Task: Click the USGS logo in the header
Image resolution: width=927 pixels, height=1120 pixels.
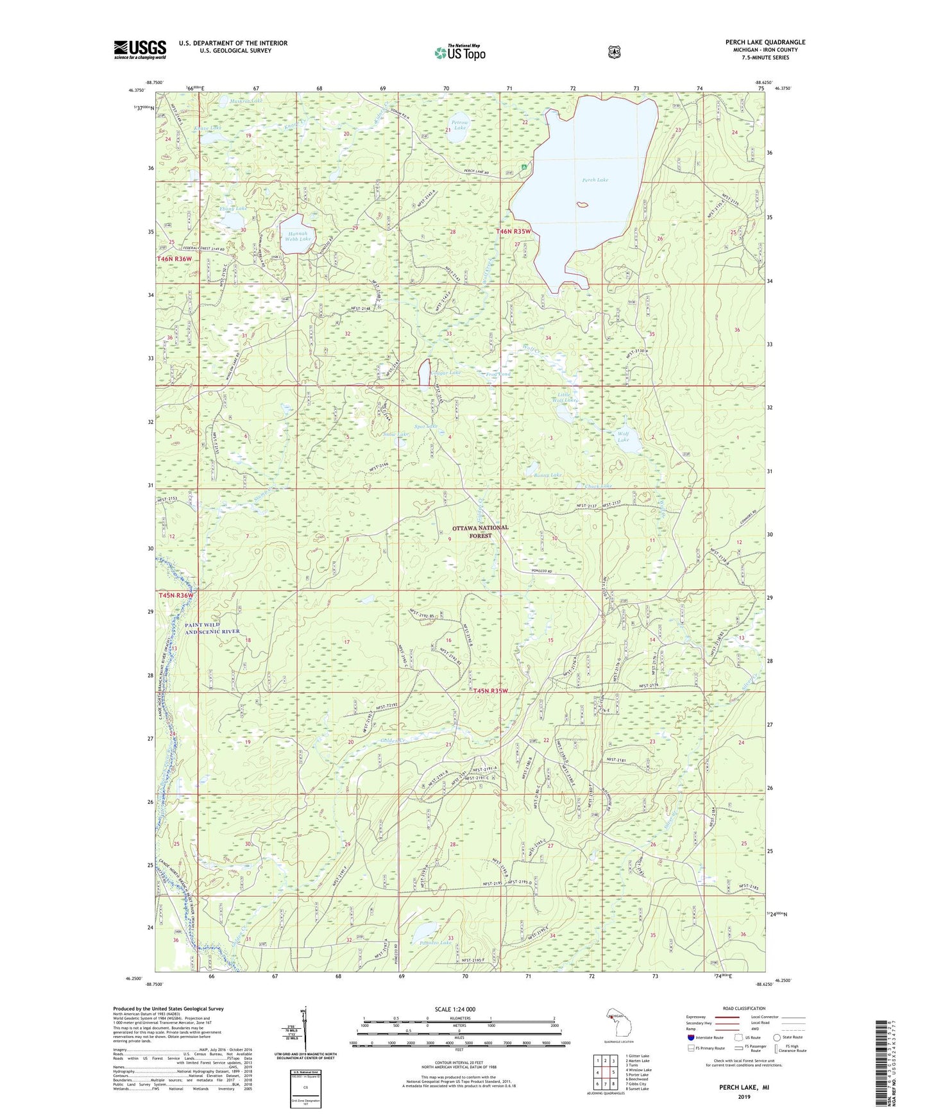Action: click(x=140, y=49)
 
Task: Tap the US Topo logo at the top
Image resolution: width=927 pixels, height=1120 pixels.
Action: click(x=459, y=53)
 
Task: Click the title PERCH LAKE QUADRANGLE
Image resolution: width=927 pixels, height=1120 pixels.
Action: click(x=761, y=42)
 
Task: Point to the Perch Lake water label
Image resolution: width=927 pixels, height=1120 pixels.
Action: click(x=595, y=180)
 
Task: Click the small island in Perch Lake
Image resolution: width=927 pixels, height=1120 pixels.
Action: click(x=583, y=205)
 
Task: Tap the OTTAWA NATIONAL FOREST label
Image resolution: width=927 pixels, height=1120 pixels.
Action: click(x=480, y=531)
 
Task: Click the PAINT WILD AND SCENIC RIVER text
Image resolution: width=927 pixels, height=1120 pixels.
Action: click(x=212, y=628)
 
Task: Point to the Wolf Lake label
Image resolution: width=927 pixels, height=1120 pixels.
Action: click(x=623, y=437)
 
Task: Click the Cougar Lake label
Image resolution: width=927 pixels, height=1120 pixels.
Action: click(x=446, y=373)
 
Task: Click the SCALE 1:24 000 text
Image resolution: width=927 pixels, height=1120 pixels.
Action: click(x=454, y=1009)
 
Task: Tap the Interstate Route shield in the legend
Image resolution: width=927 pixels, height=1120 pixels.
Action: click(x=690, y=1037)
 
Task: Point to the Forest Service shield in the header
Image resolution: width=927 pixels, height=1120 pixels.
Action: click(x=614, y=52)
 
